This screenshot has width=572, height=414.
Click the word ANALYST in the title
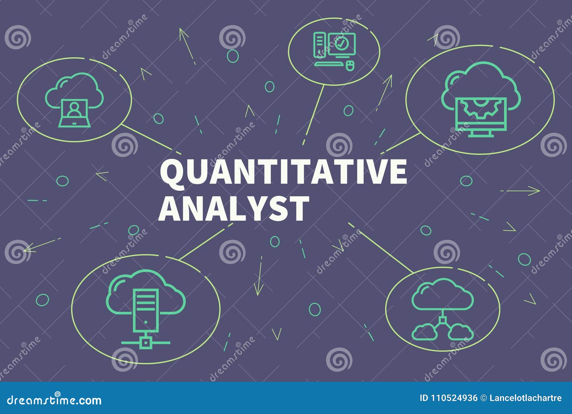click(233, 209)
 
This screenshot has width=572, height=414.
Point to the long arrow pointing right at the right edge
click(520, 191)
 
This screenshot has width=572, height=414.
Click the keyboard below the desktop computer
click(329, 64)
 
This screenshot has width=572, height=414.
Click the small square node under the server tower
click(146, 342)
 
